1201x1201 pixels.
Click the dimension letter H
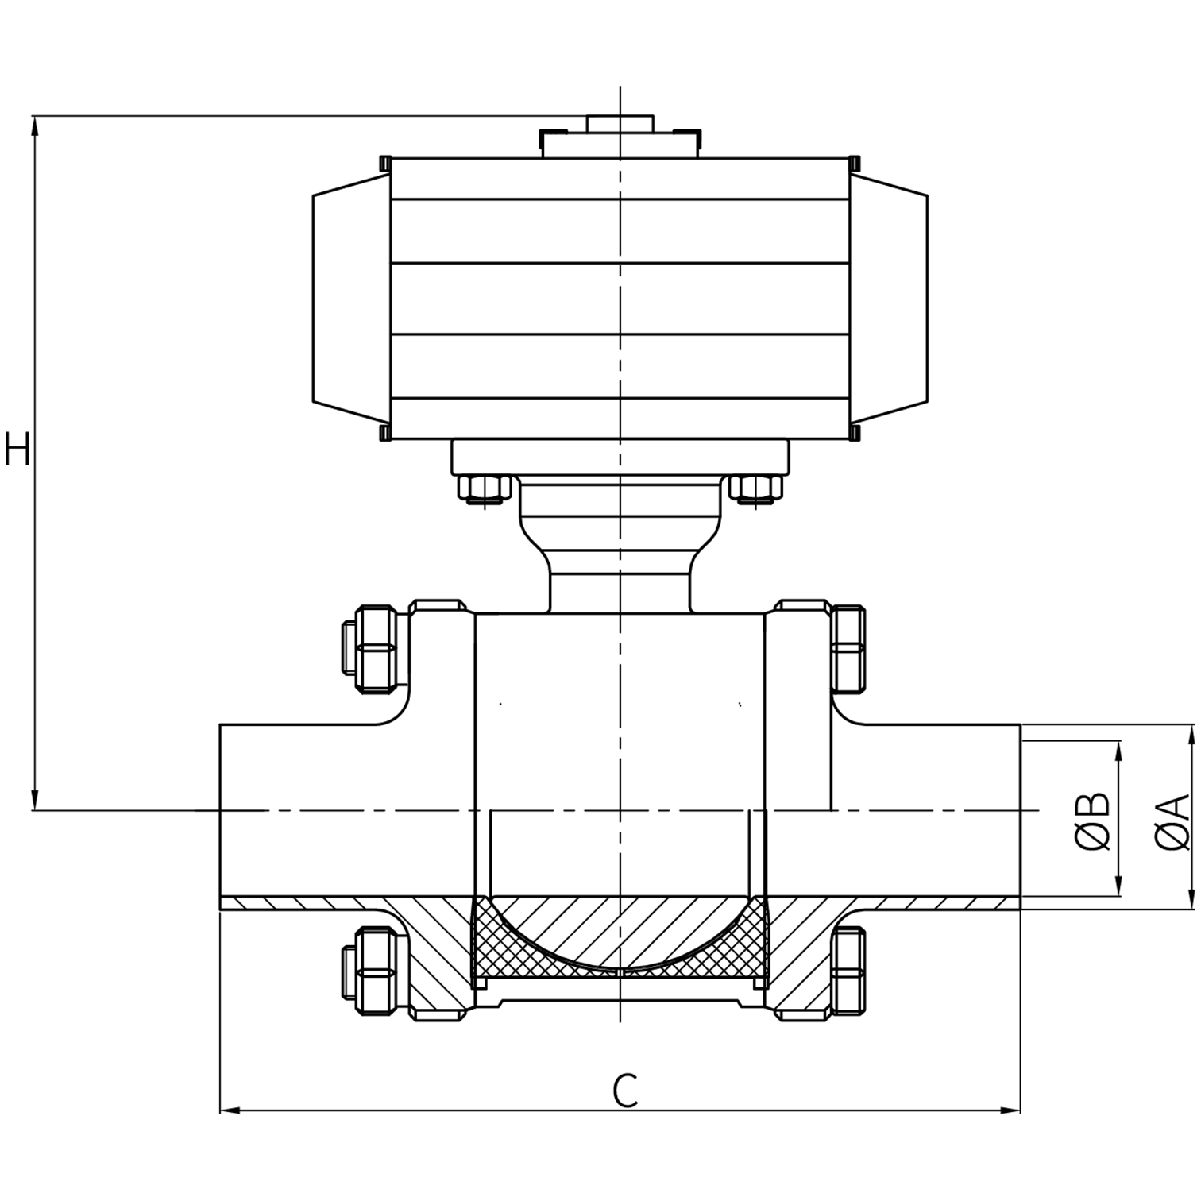(x=17, y=449)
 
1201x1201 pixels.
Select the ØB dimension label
(x=1094, y=821)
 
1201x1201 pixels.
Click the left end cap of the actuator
(x=351, y=299)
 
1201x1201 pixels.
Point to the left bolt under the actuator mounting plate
(x=484, y=489)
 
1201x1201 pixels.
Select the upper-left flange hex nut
(x=377, y=647)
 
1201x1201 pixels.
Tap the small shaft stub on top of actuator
(x=620, y=123)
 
